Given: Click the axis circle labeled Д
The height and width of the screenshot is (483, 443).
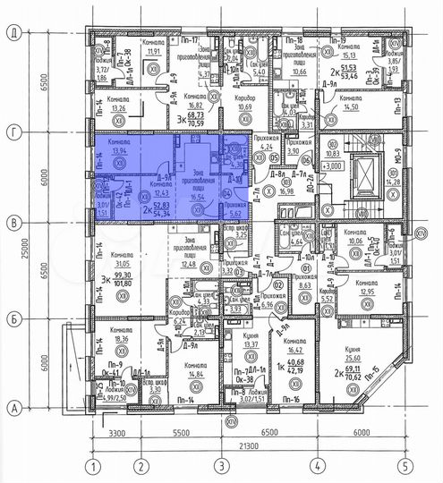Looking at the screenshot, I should tap(13, 31).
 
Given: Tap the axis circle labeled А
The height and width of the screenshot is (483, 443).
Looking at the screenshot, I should tap(13, 407).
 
